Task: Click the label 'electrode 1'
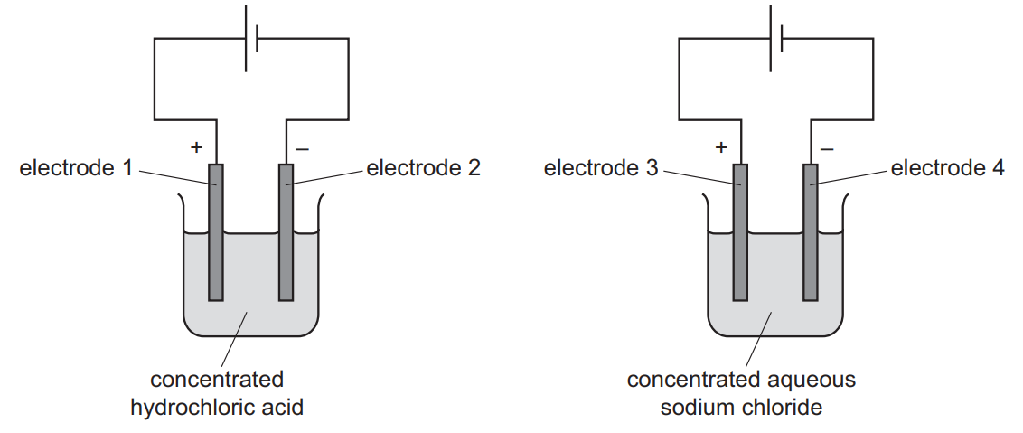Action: point(76,168)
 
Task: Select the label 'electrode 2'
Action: point(424,168)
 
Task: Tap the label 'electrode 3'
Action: point(601,168)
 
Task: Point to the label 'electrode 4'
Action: point(948,168)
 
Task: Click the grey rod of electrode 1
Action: point(215,253)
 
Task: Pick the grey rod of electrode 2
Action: point(286,253)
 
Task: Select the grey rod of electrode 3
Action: point(739,253)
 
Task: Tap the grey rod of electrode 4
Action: point(811,253)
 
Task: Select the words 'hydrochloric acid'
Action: point(217,408)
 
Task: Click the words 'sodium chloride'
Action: point(741,408)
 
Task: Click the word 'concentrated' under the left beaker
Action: point(217,380)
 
